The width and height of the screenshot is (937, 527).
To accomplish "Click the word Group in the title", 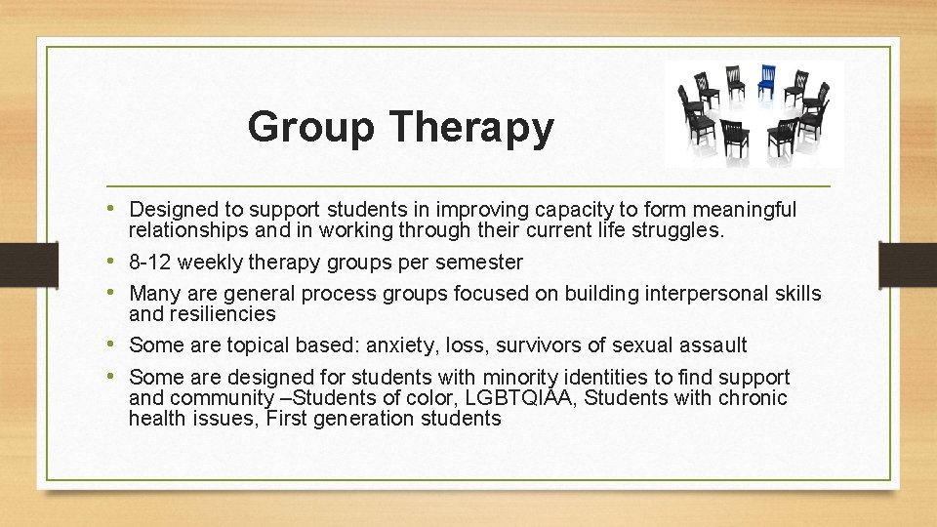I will (310, 128).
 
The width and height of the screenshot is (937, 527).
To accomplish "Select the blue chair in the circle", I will (767, 81).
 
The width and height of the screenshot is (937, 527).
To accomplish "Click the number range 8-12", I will (150, 263).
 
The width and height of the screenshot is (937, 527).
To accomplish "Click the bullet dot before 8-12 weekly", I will (117, 262).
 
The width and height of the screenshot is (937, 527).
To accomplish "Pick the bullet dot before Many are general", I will (117, 293).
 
